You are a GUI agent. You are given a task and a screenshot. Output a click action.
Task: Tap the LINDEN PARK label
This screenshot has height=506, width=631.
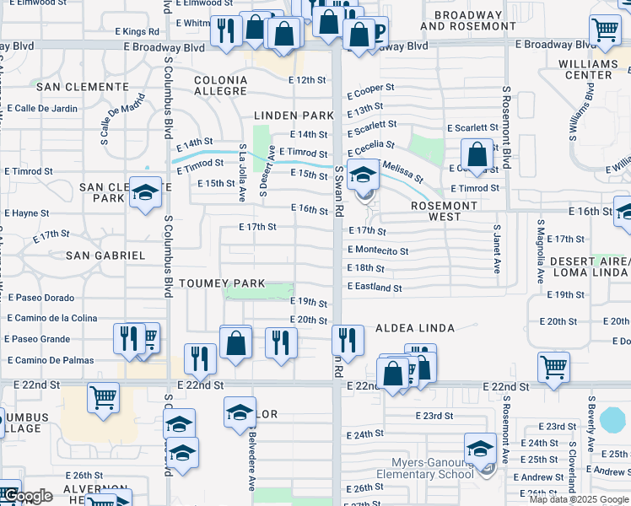(x=291, y=115)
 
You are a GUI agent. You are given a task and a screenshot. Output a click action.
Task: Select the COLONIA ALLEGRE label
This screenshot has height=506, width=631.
(x=221, y=87)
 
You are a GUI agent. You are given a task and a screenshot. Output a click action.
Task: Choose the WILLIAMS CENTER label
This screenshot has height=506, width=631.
(x=589, y=69)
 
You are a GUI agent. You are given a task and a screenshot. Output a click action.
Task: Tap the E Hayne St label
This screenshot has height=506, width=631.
(x=29, y=214)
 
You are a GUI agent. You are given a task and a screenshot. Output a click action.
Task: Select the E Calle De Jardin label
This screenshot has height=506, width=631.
(x=41, y=108)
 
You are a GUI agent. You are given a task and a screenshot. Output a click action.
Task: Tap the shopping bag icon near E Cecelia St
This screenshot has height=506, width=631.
(x=477, y=154)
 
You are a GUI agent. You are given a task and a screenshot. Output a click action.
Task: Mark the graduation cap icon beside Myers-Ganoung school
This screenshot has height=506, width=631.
(x=480, y=447)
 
